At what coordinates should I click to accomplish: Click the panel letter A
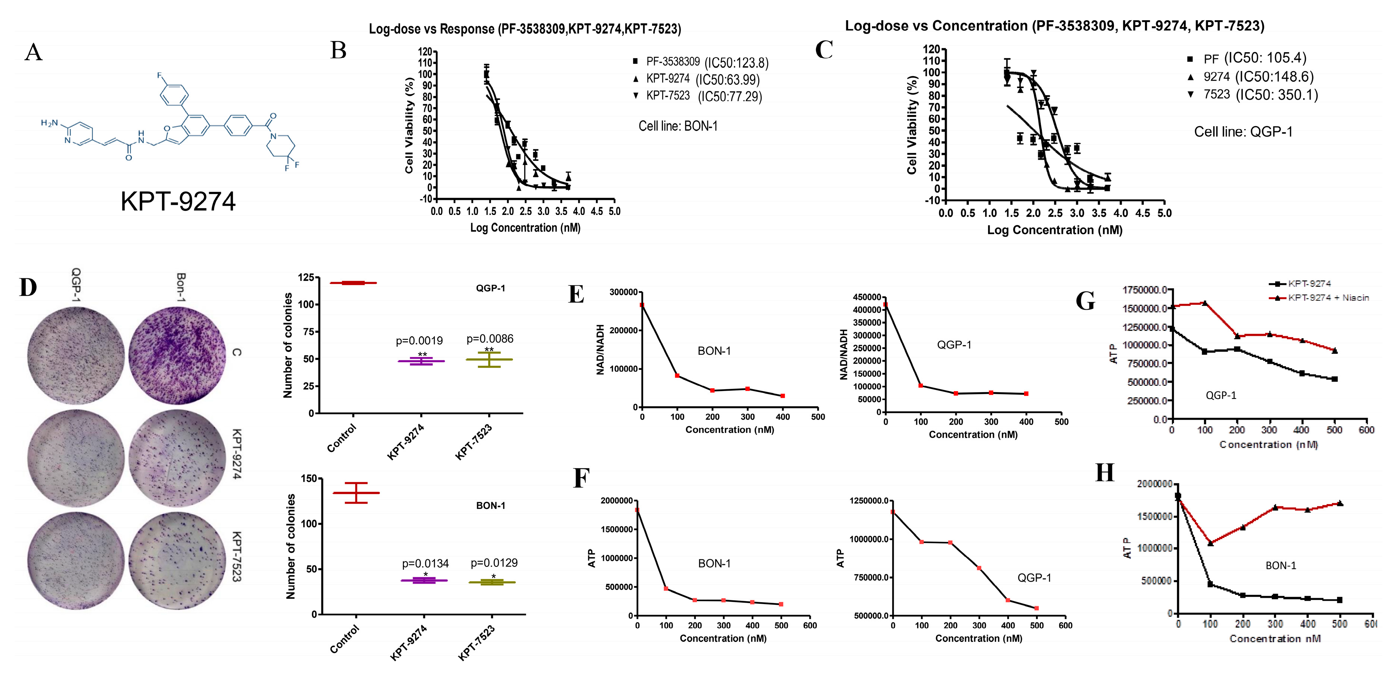click(33, 53)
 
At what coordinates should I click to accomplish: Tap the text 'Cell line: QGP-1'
click(1243, 132)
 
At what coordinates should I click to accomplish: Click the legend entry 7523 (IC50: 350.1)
click(1259, 95)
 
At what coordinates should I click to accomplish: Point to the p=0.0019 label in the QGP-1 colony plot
click(419, 341)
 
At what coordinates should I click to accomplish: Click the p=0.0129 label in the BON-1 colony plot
click(494, 563)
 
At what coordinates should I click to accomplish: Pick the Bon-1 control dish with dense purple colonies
click(177, 355)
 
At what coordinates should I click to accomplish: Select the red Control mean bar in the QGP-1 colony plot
click(353, 283)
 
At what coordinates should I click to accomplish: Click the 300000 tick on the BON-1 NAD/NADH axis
click(623, 292)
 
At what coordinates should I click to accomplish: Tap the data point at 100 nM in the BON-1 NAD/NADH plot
click(677, 375)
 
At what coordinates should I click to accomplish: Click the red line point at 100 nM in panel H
click(1210, 543)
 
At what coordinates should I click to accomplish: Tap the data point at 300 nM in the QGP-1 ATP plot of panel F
click(979, 568)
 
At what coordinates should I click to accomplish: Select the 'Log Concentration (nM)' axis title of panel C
click(1055, 230)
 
